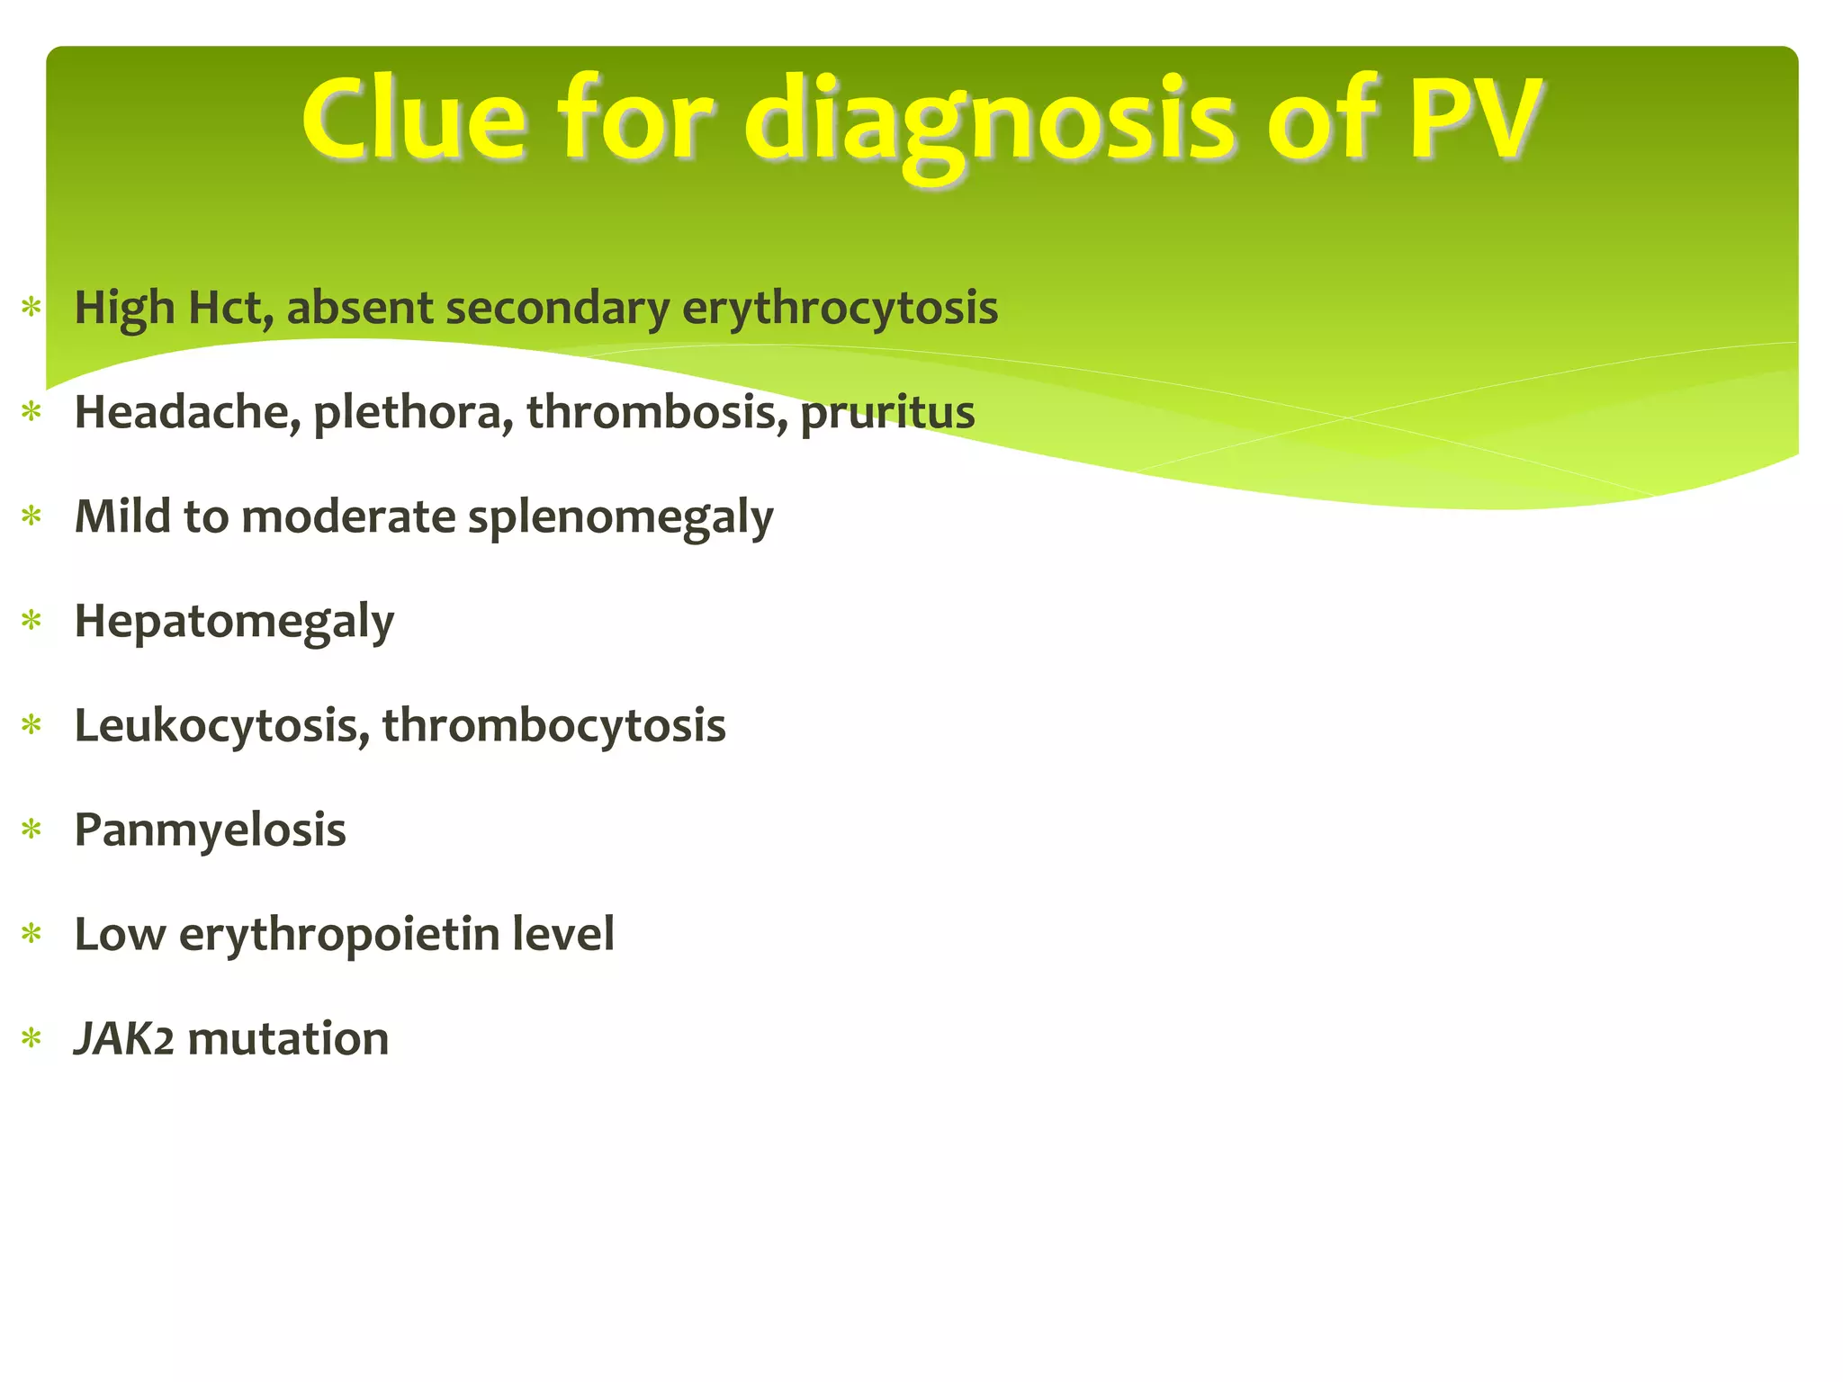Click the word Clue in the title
tap(414, 119)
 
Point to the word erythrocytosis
tap(840, 310)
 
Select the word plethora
tap(413, 412)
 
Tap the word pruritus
tap(887, 414)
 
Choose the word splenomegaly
tap(620, 518)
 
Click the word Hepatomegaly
tap(234, 623)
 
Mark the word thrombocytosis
tap(553, 725)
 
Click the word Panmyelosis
tap(210, 830)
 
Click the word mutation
tap(288, 1038)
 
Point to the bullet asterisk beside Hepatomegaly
tap(32, 621)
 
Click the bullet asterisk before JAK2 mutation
tap(32, 1039)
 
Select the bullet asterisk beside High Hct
tap(32, 308)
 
